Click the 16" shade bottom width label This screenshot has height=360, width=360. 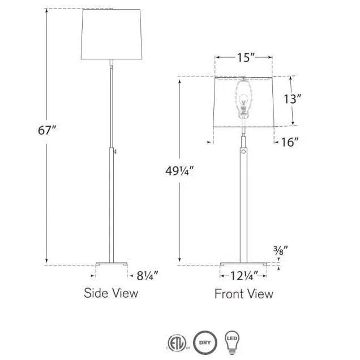289,142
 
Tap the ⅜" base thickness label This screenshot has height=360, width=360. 281,249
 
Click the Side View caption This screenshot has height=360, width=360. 111,293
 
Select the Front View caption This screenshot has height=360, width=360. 243,294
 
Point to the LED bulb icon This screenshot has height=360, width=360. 233,341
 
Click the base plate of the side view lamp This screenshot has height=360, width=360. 111,263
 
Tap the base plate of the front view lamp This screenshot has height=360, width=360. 243,263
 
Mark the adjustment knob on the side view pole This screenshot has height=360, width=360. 115,151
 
